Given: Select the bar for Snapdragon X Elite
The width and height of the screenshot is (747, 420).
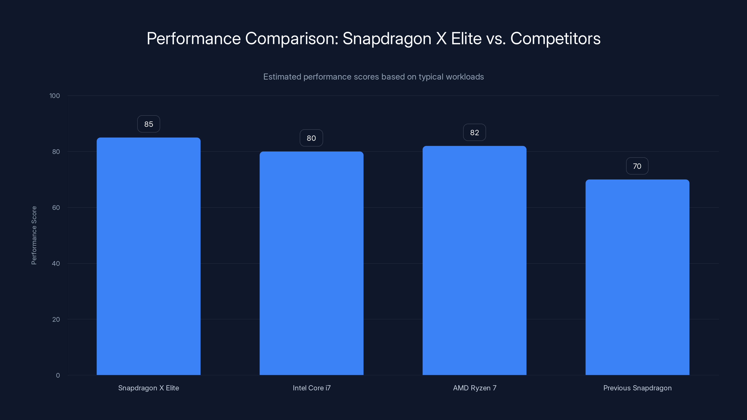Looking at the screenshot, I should click(148, 256).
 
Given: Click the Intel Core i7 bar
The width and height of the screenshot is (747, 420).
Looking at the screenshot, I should click(311, 263).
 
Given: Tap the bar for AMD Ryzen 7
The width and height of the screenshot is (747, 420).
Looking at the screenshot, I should click(474, 260).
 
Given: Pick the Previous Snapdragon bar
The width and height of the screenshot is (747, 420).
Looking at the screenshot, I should click(637, 277).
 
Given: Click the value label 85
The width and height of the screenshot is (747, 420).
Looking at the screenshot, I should click(148, 124).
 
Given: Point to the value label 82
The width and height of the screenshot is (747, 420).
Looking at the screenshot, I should click(474, 133).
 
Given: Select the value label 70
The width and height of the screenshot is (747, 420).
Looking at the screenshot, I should click(637, 166).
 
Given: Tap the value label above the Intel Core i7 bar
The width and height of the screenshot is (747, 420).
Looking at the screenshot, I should click(311, 138).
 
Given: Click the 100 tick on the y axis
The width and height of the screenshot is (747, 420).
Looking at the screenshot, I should click(55, 96).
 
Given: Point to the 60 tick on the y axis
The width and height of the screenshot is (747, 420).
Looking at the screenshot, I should click(56, 207).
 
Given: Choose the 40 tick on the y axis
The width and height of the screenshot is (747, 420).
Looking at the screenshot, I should click(56, 263).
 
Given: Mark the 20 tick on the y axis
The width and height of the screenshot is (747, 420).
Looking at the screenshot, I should click(56, 319).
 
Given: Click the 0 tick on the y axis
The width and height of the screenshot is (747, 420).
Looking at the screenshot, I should click(58, 375).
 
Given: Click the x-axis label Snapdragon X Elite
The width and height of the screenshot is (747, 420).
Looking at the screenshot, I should click(148, 388).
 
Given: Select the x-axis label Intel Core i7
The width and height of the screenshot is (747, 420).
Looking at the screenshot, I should click(311, 388).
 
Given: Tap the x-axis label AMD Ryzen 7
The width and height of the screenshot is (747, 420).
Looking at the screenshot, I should click(474, 388).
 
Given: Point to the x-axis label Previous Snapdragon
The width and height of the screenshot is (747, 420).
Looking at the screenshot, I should click(637, 388).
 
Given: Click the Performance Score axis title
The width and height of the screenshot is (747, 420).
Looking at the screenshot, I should click(34, 235).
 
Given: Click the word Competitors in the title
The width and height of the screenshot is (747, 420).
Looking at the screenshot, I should click(555, 38).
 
